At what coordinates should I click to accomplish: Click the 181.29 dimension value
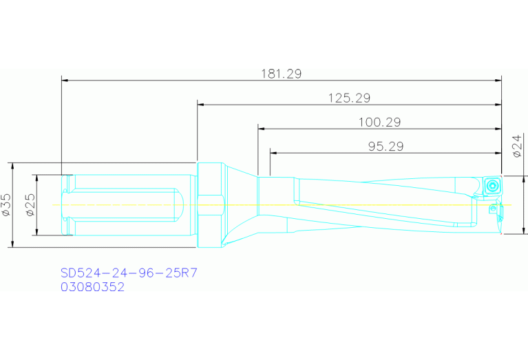282,74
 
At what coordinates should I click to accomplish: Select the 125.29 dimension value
349,98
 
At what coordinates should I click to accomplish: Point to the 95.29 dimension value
385,146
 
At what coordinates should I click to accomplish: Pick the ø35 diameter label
6,205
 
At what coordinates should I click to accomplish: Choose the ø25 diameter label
30,205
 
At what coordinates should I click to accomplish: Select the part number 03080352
92,288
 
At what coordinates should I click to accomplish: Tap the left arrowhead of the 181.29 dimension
65,81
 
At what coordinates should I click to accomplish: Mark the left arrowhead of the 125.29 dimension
201,105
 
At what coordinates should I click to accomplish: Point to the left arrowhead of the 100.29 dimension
262,129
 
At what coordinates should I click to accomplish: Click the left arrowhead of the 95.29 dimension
273,153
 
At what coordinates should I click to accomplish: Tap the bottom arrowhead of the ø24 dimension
524,231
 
